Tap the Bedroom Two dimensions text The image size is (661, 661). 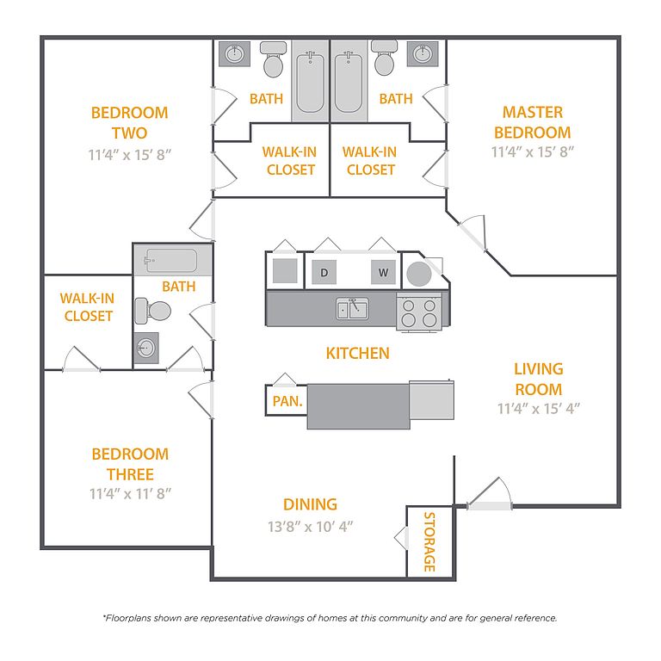(129, 154)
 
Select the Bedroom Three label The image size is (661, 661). (131, 464)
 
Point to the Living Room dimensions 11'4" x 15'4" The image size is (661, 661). (538, 409)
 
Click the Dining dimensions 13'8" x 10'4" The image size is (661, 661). (311, 525)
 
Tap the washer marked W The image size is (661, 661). (383, 273)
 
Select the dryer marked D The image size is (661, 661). (324, 273)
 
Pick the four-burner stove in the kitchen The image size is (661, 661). (418, 312)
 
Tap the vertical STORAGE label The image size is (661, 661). (429, 542)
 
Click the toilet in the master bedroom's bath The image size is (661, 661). (384, 62)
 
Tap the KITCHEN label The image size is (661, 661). (357, 353)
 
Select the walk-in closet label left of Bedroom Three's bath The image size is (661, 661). (88, 307)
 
